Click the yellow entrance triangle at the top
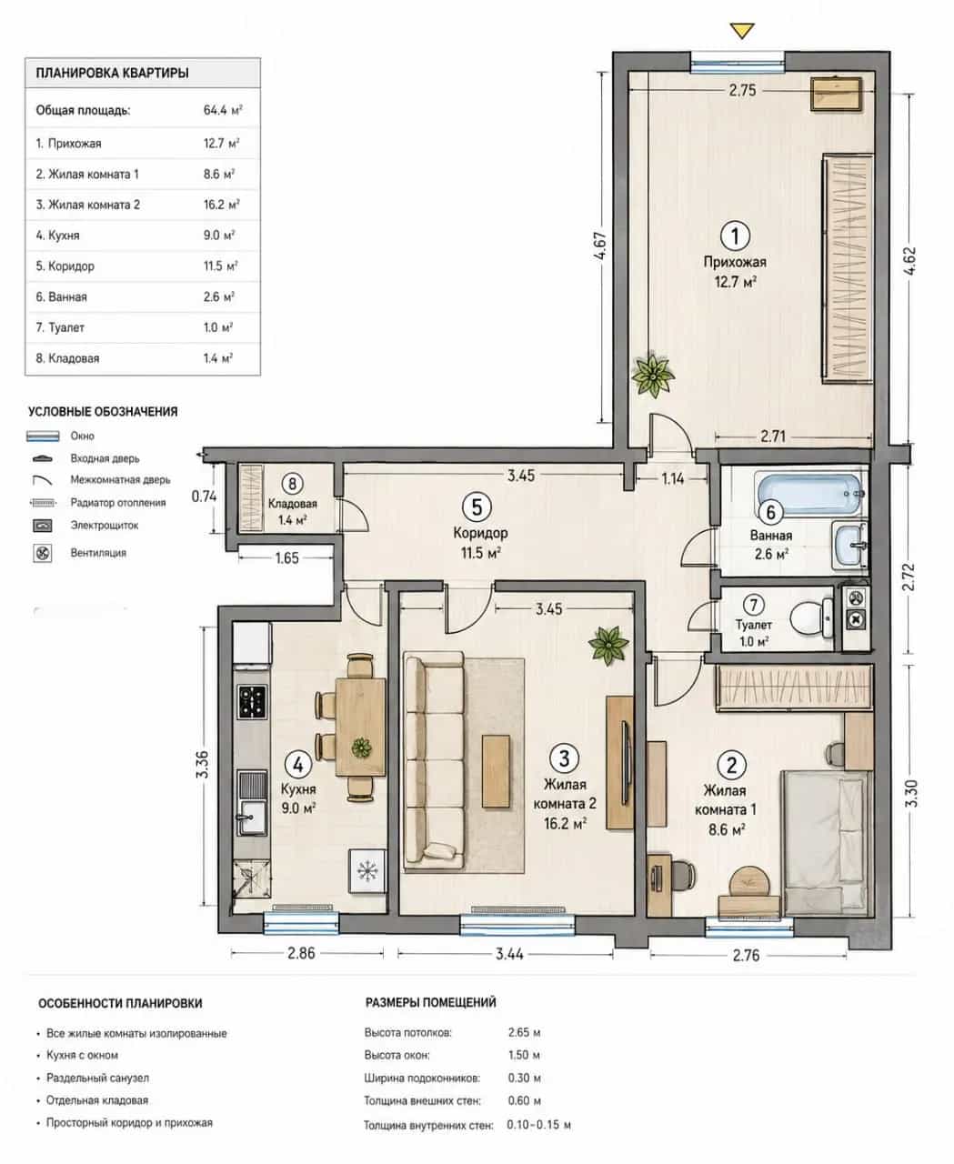click(x=741, y=31)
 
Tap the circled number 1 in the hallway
click(x=735, y=236)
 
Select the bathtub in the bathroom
click(x=809, y=493)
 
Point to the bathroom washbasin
click(x=849, y=546)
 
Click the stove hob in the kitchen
click(x=252, y=701)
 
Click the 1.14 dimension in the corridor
click(x=672, y=478)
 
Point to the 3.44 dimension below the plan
click(x=509, y=953)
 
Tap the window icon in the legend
click(x=43, y=436)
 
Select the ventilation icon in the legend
click(x=43, y=554)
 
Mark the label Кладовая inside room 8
click(x=293, y=504)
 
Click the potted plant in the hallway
click(x=653, y=374)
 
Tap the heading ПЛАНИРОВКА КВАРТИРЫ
click(x=112, y=73)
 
